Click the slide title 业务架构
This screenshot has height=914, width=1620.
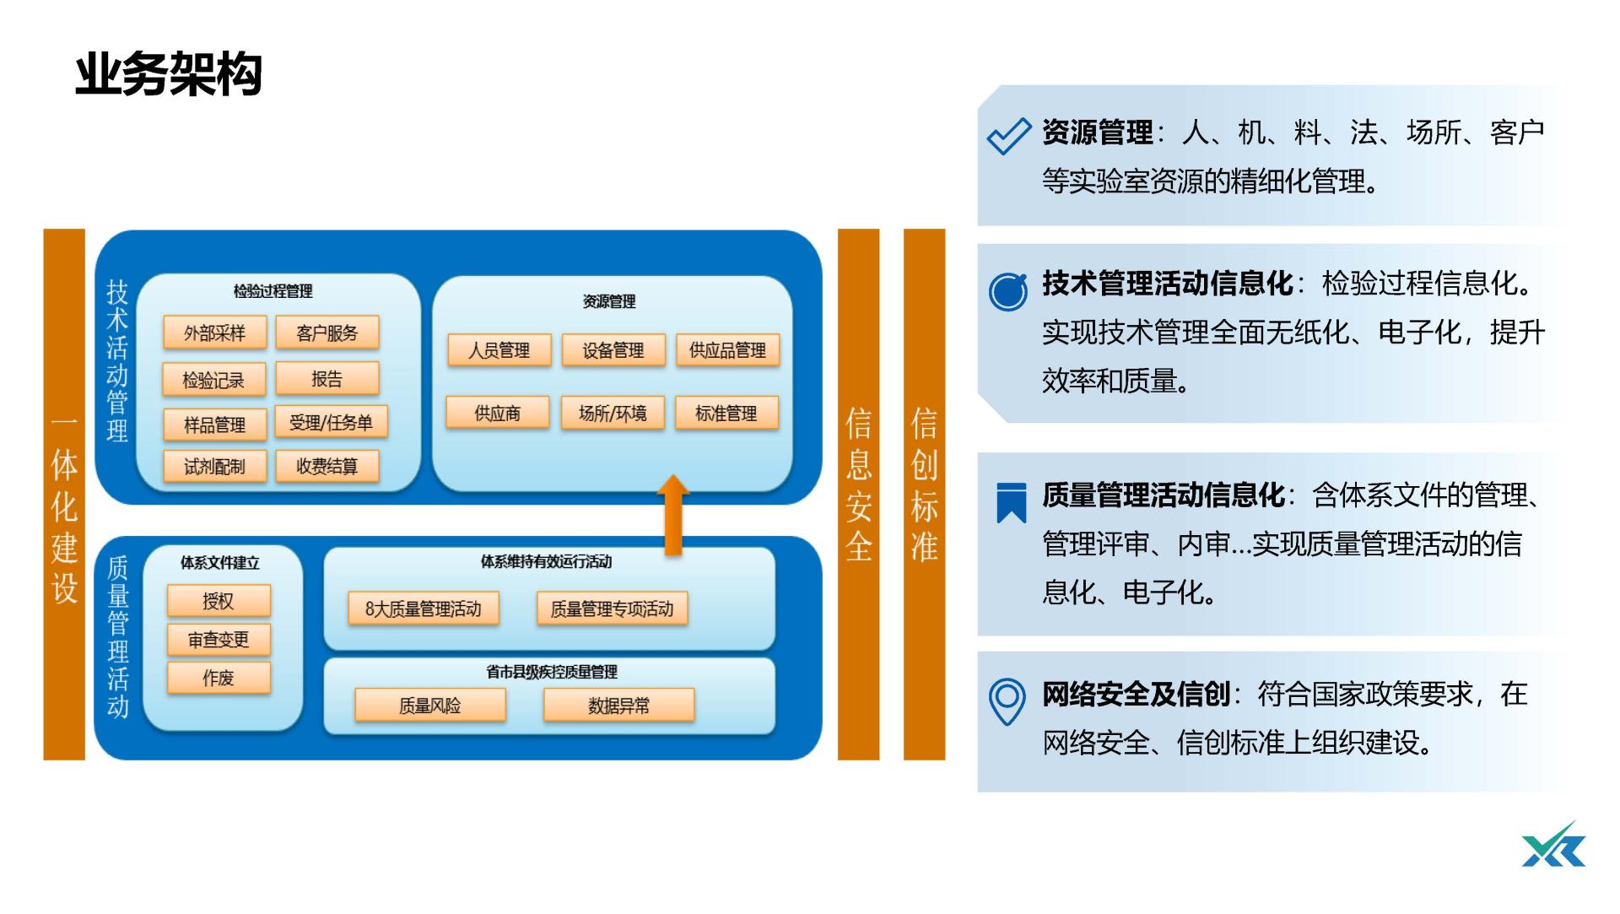click(169, 75)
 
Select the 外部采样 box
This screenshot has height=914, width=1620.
click(214, 333)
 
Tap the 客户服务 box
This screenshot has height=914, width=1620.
click(327, 333)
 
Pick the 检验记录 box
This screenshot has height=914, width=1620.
click(214, 380)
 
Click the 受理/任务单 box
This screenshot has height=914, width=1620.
click(331, 422)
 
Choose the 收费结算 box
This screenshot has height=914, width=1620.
click(327, 466)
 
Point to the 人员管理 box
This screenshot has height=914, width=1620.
click(499, 350)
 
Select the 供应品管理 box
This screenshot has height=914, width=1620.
click(727, 350)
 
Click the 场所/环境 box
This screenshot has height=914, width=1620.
click(613, 413)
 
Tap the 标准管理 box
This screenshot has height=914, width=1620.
click(726, 413)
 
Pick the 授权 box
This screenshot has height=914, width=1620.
click(219, 601)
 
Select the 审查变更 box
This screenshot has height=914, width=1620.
click(219, 640)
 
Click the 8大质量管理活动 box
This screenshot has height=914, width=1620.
click(423, 608)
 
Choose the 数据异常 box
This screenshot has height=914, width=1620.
click(618, 706)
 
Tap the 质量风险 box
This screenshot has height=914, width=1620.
click(430, 706)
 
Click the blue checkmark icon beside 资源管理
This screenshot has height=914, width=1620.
click(1008, 136)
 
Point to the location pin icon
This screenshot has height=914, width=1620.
click(1007, 701)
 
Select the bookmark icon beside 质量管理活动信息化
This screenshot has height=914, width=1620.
click(1011, 502)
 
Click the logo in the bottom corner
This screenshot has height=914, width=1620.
click(1554, 846)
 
